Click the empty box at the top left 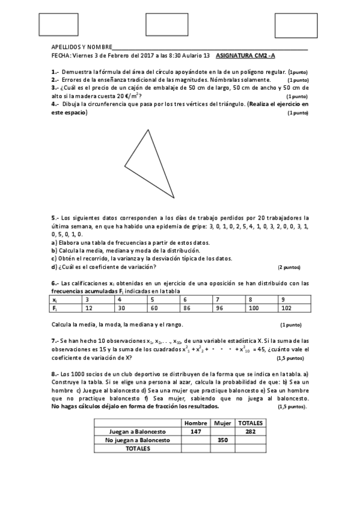[x=58, y=25]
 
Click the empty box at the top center [x=166, y=25]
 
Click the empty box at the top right [x=295, y=25]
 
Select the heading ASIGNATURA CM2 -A [x=245, y=55]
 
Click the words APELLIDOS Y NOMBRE [x=82, y=47]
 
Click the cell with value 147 [x=196, y=432]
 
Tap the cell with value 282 [x=249, y=432]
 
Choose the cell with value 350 [x=222, y=440]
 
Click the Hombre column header [x=196, y=423]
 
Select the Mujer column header [x=222, y=423]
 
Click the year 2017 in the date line [x=148, y=55]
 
